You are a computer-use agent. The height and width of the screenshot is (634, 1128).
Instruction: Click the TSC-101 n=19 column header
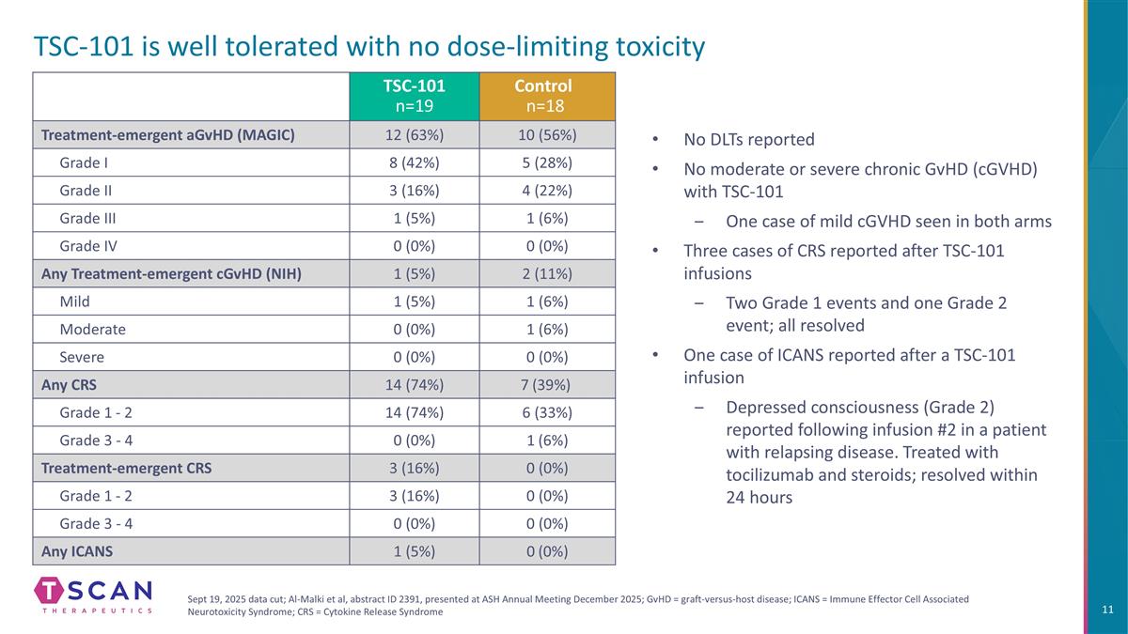click(414, 96)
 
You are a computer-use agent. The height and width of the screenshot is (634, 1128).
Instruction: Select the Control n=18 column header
click(547, 96)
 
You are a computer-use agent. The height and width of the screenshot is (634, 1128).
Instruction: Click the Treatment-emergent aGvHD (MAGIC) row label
click(168, 134)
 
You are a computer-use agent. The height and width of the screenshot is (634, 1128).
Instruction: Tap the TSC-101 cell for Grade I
click(414, 162)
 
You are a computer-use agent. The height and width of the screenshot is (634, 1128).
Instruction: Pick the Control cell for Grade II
click(547, 190)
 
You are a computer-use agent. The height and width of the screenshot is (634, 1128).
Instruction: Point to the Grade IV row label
click(88, 246)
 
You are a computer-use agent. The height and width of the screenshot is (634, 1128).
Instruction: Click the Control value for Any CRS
click(547, 384)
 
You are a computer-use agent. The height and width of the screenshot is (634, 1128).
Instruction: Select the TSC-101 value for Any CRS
click(414, 384)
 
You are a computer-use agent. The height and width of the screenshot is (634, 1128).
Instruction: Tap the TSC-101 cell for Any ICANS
click(414, 551)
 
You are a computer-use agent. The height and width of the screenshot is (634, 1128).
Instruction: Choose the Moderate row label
click(92, 329)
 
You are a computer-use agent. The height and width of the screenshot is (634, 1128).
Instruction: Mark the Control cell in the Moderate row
click(547, 329)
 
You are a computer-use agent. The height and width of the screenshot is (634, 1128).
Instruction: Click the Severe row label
click(82, 357)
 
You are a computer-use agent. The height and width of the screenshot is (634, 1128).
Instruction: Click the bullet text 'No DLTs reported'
click(748, 140)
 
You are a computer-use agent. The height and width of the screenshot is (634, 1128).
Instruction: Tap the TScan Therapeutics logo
click(93, 595)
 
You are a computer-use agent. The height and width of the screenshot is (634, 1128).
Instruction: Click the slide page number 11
click(1107, 611)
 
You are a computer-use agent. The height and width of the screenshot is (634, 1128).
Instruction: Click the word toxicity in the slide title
click(650, 47)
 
